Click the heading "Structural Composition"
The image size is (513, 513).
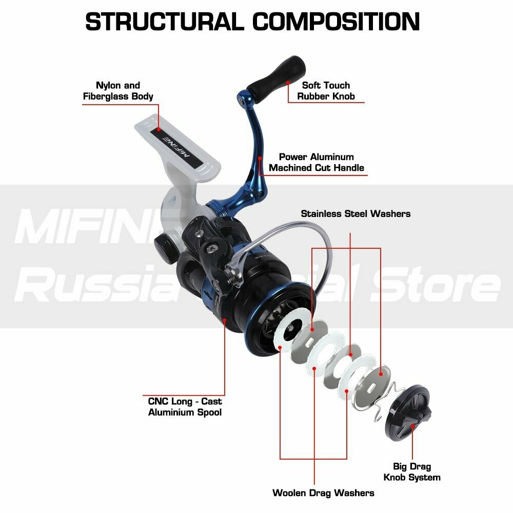click(252, 22)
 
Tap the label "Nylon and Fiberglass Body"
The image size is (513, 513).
click(118, 91)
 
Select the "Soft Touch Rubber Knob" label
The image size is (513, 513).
click(326, 91)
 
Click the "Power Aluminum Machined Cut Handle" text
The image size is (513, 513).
click(317, 162)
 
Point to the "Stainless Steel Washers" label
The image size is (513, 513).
click(356, 213)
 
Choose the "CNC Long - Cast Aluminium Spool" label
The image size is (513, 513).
click(185, 407)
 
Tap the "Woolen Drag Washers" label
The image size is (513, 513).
click(323, 493)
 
